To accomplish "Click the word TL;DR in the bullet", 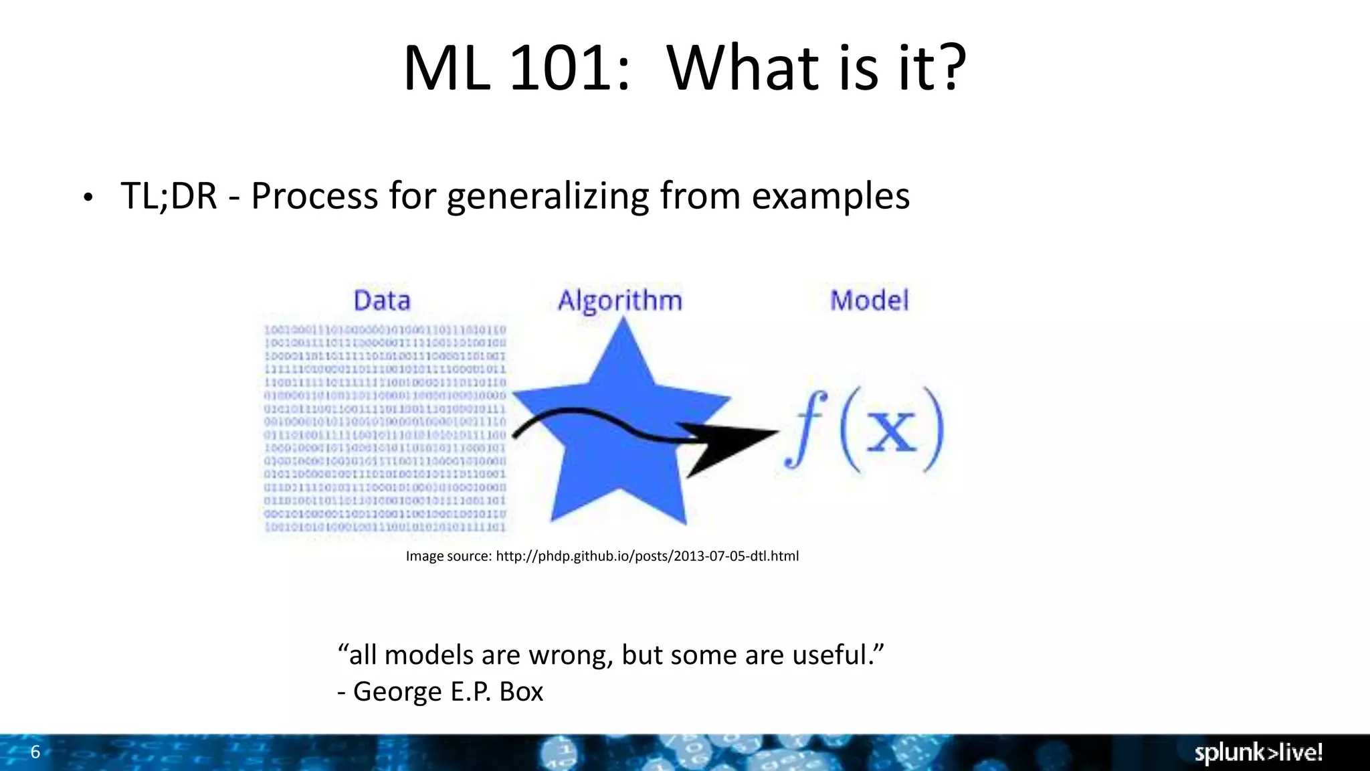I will coord(169,196).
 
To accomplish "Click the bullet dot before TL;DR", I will coord(88,198).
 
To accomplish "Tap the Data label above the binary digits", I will coord(382,301).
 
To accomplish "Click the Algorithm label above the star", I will coord(620,301).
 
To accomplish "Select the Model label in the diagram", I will coord(869,300).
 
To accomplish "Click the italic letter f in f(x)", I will coord(805,428).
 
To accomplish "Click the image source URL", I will coord(647,556).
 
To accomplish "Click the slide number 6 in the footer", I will coord(35,752).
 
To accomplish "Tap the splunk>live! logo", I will coord(1258,752).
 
